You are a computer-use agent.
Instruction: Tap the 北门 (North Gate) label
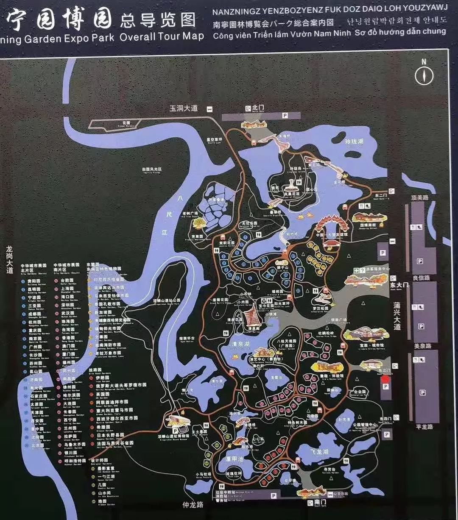point(258,108)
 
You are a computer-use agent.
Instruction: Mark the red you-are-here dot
point(385,379)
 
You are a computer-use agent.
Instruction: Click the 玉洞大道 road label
point(184,108)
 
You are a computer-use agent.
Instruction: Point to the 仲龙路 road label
point(193,505)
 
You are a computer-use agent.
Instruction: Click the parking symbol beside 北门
point(285,115)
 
